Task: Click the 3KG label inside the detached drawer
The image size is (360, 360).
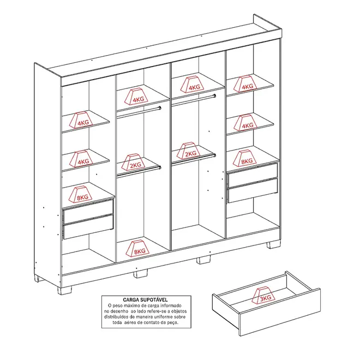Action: click(x=265, y=298)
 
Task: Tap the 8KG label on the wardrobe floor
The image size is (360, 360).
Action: click(x=140, y=251)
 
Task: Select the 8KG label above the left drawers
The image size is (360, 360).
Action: click(x=82, y=197)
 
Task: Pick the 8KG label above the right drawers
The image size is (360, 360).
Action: click(x=247, y=161)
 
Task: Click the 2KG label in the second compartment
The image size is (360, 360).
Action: click(x=135, y=165)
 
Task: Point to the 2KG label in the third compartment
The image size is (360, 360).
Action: click(x=190, y=154)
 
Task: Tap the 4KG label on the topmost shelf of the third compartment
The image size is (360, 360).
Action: click(x=195, y=87)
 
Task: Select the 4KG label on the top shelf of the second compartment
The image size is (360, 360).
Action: click(x=139, y=99)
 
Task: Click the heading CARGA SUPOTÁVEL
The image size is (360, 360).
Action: click(x=145, y=299)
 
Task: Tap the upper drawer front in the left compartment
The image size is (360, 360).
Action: click(x=88, y=211)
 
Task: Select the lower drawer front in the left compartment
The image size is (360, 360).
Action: click(x=88, y=227)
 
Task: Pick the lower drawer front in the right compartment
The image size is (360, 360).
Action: click(x=253, y=190)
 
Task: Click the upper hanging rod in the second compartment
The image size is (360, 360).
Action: click(x=139, y=113)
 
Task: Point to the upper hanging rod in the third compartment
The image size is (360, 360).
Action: click(x=194, y=100)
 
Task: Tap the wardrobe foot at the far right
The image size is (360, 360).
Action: click(x=274, y=244)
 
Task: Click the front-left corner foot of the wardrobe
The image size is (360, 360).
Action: click(x=64, y=290)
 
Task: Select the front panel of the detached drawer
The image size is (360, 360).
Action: click(x=280, y=313)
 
